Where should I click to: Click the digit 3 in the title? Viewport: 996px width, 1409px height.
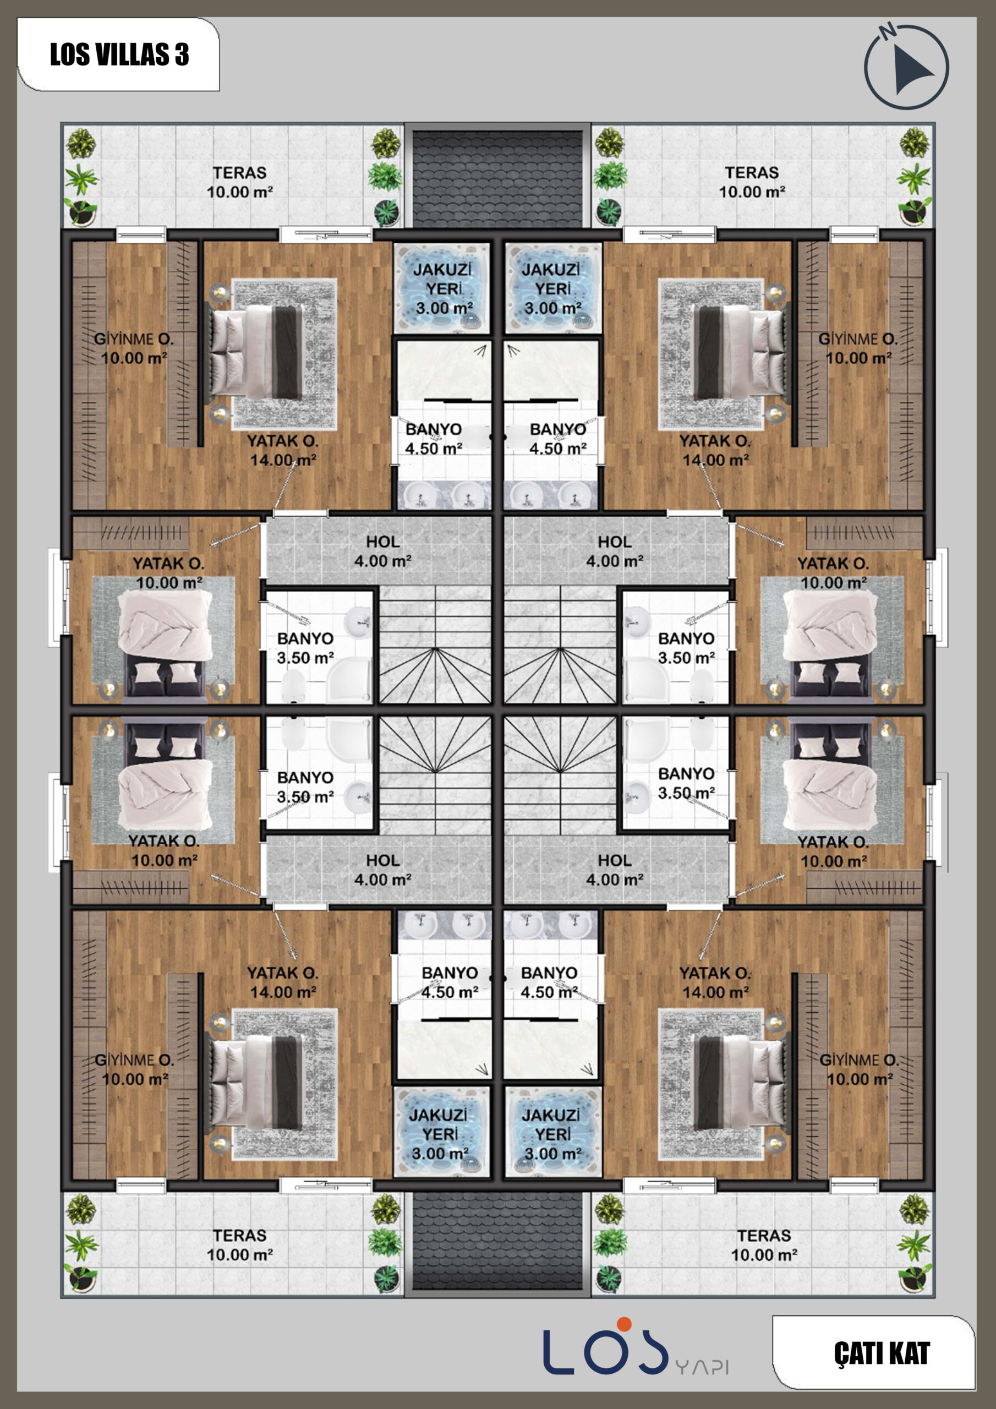pos(182,54)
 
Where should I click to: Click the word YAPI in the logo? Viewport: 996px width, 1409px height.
pos(702,1367)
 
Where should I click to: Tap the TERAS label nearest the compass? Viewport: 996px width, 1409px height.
pos(752,182)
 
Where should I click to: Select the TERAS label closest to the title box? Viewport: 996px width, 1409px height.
pos(240,182)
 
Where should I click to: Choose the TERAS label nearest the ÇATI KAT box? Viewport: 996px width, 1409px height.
pos(764,1245)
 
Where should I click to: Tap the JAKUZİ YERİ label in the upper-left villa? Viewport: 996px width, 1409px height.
pos(442,288)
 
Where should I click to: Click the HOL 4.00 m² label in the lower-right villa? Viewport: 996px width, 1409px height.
pos(614,870)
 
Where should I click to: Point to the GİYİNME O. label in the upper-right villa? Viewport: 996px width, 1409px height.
pos(858,348)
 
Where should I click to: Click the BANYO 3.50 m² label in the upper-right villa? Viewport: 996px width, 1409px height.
pos(686,648)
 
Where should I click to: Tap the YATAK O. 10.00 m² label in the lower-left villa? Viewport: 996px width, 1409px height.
pos(164,850)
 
